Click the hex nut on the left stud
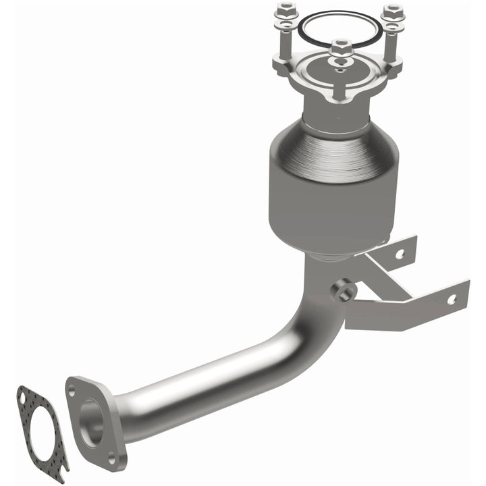pos(283,11)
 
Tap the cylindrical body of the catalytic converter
pos(331,202)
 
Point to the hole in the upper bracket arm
pos(400,254)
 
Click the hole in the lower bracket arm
pos(451,298)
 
